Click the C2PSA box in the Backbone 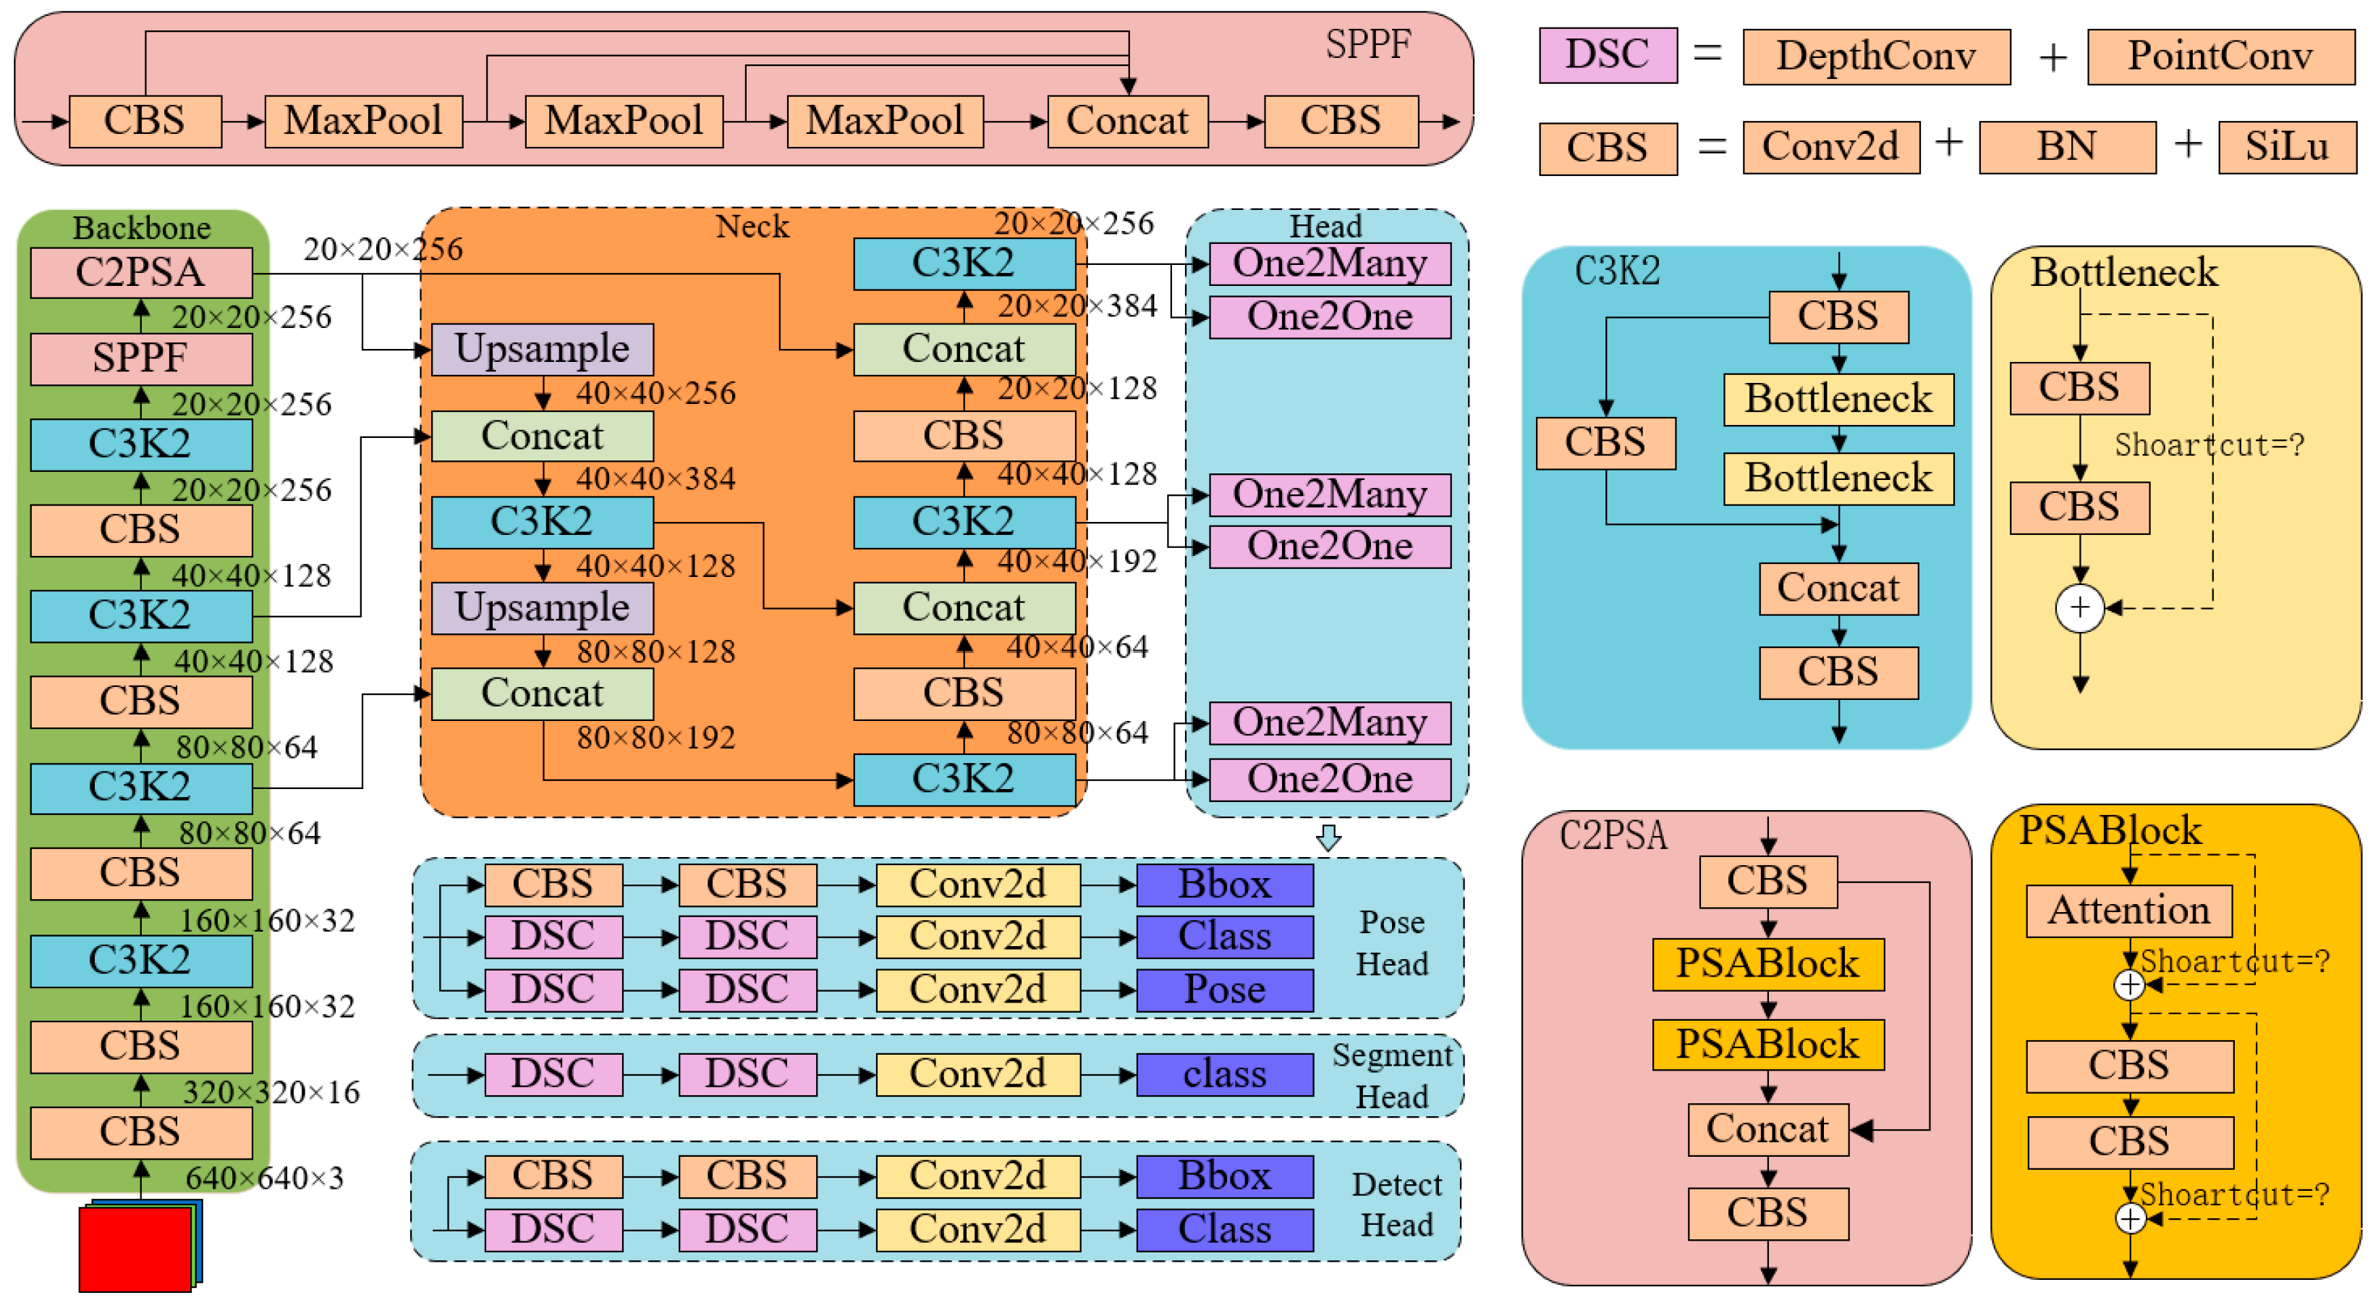(141, 272)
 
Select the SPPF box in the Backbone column (141, 358)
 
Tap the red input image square (135, 1249)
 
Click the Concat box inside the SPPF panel (1126, 121)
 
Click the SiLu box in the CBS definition (2285, 146)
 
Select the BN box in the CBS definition (2066, 146)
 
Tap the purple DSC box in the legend (1607, 54)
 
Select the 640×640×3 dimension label (264, 1178)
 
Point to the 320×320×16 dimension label (271, 1092)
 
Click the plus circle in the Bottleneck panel (2079, 608)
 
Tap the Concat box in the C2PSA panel (1767, 1129)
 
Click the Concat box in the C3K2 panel (1838, 588)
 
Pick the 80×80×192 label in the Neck (656, 737)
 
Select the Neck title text (752, 226)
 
